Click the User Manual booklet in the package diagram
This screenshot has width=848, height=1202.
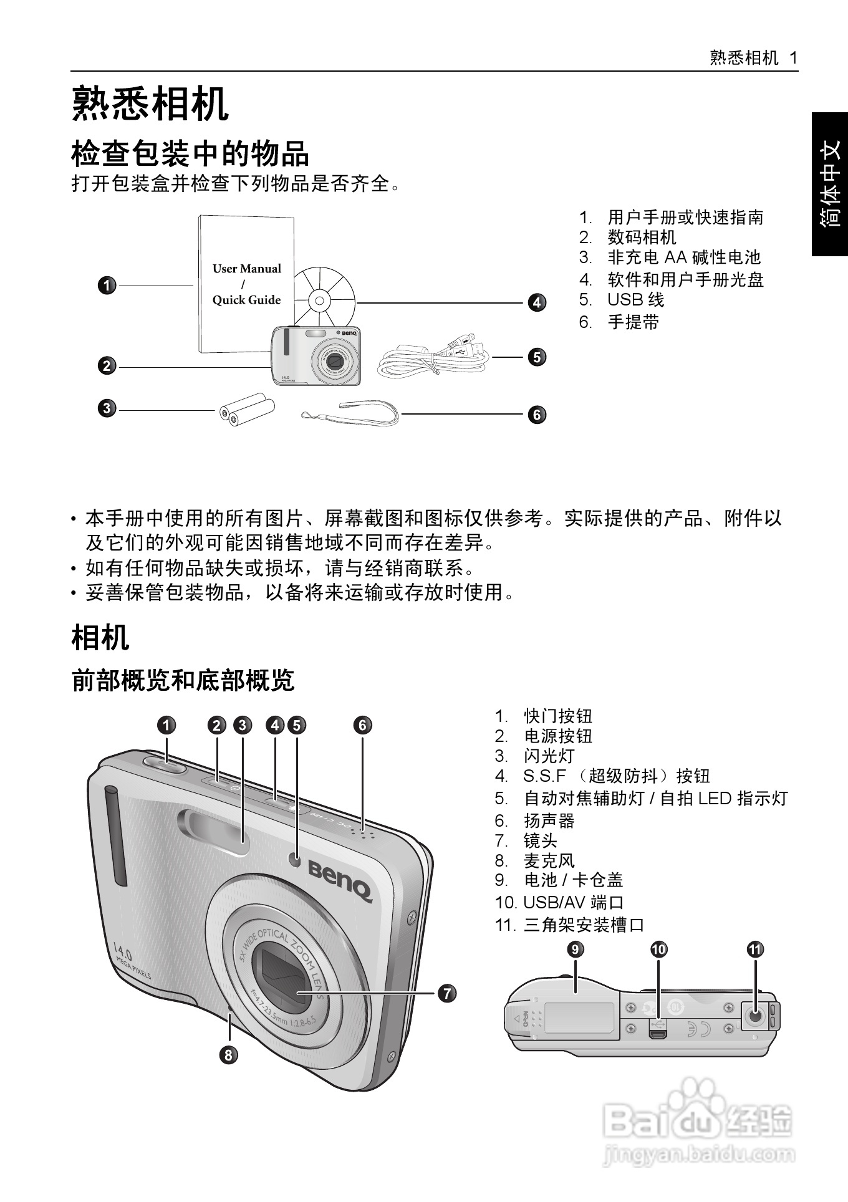coord(246,284)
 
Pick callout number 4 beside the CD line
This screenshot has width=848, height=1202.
coord(537,303)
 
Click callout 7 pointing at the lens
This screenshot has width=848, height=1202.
coord(447,993)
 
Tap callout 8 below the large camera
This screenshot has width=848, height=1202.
coord(229,1055)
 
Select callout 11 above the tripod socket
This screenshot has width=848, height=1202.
coord(755,950)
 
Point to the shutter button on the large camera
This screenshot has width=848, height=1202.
coord(165,763)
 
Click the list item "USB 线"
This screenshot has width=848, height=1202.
coord(635,300)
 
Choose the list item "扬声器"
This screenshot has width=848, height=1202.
coord(549,820)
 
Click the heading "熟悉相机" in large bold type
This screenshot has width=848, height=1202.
coord(150,103)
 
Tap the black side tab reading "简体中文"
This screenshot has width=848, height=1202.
coord(830,184)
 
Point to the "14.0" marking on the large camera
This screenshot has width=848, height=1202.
coord(123,953)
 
